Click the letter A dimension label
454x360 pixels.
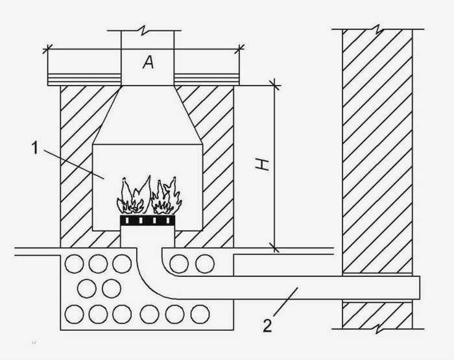tap(148, 62)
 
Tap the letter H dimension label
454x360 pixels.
tap(262, 164)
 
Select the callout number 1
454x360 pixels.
tap(35, 148)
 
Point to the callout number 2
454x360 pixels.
tap(267, 325)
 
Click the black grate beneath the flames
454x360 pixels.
tap(147, 221)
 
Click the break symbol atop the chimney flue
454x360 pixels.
tap(144, 30)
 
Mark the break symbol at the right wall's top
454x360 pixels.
tap(379, 29)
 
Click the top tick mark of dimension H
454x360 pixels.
tap(274, 86)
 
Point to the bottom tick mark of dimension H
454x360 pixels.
tap(274, 248)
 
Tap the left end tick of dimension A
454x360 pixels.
tap(48, 49)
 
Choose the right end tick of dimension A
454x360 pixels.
tap(239, 49)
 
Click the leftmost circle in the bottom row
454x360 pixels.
tap(74, 315)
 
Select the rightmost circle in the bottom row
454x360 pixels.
tap(200, 314)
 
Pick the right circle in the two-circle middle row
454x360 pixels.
tap(112, 289)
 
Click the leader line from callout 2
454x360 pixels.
tap(285, 302)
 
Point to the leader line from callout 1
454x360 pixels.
tap(73, 164)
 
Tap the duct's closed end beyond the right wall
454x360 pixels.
tap(420, 287)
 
